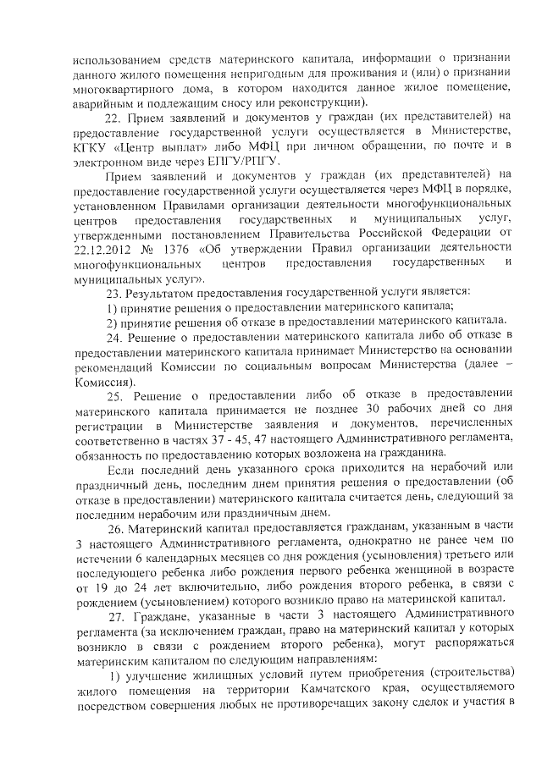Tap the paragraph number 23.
(111, 292)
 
